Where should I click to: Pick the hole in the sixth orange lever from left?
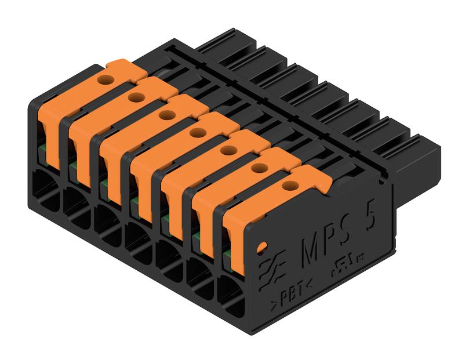tap(257, 168)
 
